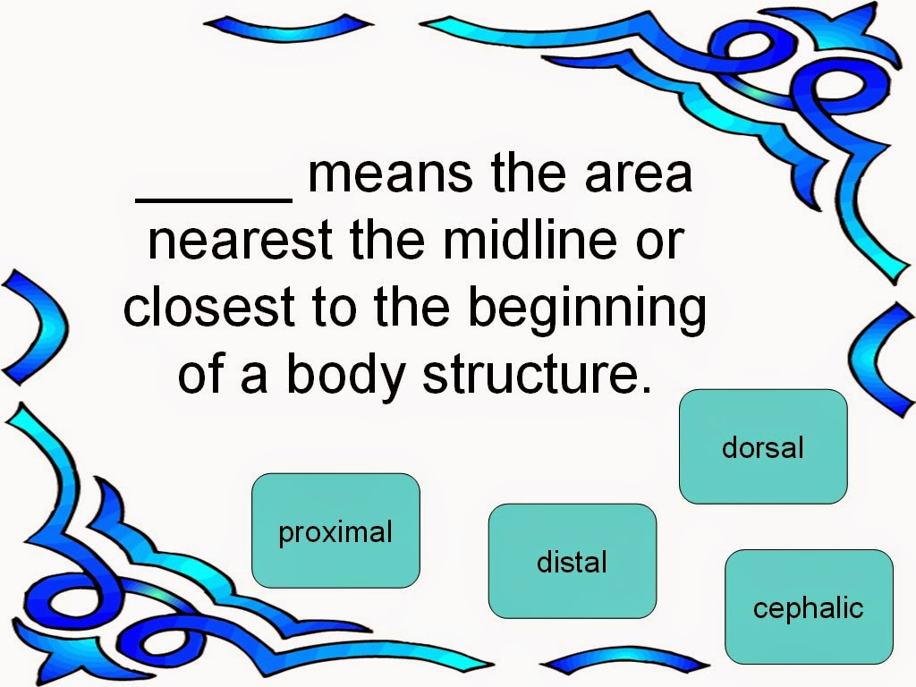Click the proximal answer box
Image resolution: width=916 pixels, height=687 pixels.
336,530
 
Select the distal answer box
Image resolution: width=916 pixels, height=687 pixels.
572,561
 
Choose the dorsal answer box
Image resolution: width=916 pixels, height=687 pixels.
763,446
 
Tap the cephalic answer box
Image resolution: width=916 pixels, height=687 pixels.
809,606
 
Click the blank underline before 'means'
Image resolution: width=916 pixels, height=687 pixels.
214,199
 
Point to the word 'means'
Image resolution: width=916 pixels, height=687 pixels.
390,174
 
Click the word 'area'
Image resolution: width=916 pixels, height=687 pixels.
639,174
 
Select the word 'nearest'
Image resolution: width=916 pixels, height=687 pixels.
240,240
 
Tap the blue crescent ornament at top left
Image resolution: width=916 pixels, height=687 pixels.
288,28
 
